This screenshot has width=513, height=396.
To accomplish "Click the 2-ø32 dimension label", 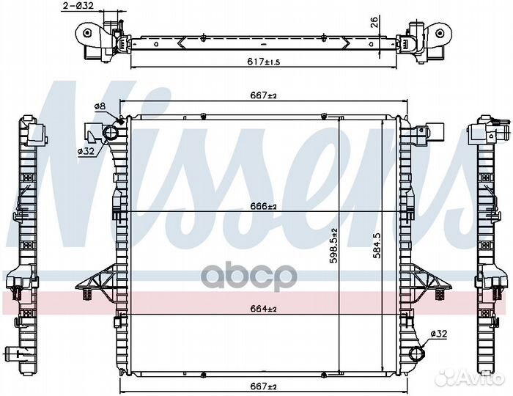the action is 78,6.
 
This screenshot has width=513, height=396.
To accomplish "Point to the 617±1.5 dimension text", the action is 264,61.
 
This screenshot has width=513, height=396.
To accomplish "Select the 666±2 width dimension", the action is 264,207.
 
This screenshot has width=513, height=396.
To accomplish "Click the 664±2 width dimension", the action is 264,309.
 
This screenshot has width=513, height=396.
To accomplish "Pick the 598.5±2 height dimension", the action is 333,246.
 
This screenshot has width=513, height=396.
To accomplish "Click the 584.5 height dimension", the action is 377,246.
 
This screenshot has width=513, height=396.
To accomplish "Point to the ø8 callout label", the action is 100,106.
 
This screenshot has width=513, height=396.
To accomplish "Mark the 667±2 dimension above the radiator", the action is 264,95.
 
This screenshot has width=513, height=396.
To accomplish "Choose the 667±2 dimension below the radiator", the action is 264,386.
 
